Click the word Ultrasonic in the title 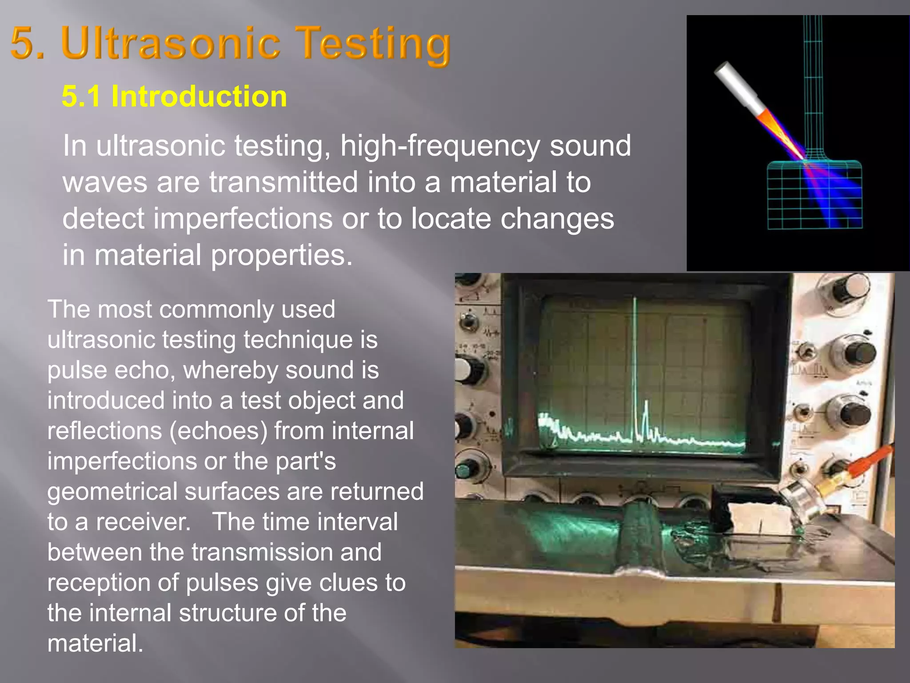click(x=171, y=43)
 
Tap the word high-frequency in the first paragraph click(x=440, y=146)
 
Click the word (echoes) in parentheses click(x=218, y=431)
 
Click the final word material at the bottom click(x=95, y=643)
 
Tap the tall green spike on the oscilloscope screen click(x=635, y=356)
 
